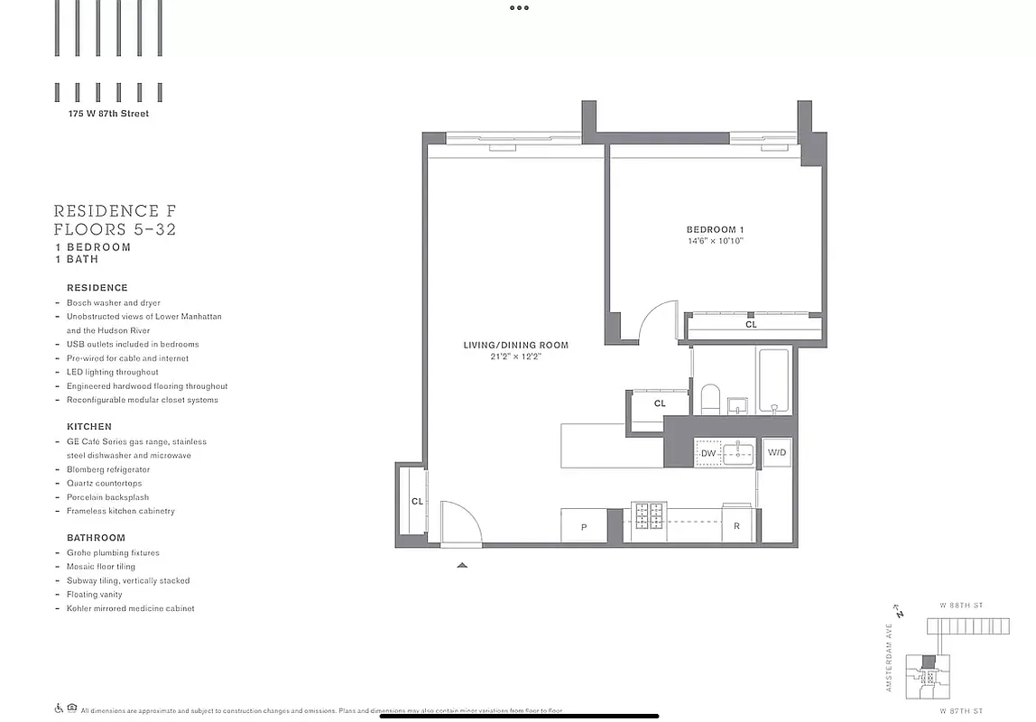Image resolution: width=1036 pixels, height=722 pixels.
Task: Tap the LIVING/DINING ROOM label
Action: click(x=515, y=345)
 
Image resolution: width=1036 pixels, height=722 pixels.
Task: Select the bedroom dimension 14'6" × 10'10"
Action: click(x=714, y=242)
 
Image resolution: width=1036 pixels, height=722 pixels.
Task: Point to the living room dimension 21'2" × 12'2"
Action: click(x=515, y=356)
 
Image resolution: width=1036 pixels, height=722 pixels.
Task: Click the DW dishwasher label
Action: click(x=708, y=453)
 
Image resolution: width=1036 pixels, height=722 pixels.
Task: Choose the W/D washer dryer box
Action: click(x=776, y=451)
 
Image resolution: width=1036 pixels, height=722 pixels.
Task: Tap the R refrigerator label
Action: click(x=736, y=526)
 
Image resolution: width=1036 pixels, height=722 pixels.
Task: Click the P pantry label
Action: click(x=583, y=526)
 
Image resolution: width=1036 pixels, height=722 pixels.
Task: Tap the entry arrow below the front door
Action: click(x=462, y=565)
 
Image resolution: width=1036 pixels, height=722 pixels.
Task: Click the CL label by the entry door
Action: click(x=417, y=501)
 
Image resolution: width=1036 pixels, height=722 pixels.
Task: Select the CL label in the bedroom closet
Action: click(x=751, y=324)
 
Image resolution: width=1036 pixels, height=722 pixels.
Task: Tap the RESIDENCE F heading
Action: click(x=115, y=211)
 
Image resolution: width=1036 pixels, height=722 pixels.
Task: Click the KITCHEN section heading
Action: click(x=89, y=426)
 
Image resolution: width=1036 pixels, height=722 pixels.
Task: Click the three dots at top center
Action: click(x=518, y=8)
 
